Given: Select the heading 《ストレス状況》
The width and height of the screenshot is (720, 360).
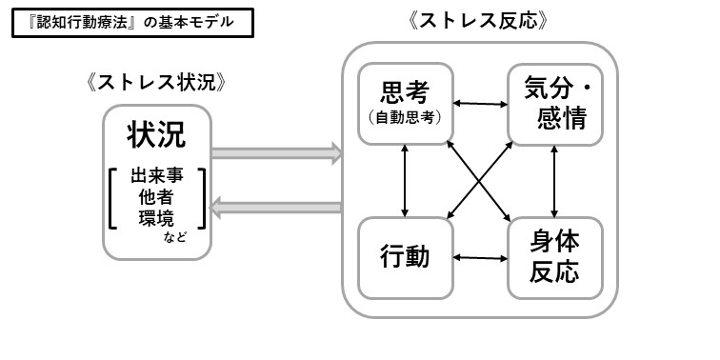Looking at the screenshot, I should pyautogui.click(x=155, y=82).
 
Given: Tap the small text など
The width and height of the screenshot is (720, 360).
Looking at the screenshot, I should pyautogui.click(x=174, y=236).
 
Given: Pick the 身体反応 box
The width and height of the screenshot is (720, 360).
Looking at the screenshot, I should pyautogui.click(x=555, y=257).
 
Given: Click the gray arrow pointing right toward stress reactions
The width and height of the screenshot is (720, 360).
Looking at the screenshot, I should pyautogui.click(x=275, y=151).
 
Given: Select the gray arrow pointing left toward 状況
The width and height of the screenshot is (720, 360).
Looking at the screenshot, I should pyautogui.click(x=275, y=207).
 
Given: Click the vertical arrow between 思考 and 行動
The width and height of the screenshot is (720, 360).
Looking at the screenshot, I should pyautogui.click(x=407, y=180).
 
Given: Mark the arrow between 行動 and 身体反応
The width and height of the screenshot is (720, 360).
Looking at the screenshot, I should pyautogui.click(x=480, y=257).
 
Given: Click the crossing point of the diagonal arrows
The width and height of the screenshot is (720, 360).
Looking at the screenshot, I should pyautogui.click(x=481, y=180).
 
